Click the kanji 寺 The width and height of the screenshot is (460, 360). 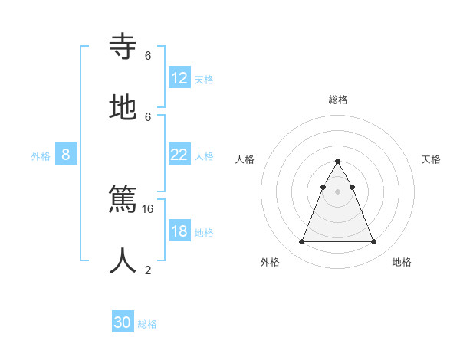click(x=123, y=47)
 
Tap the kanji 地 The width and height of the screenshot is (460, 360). click(x=123, y=108)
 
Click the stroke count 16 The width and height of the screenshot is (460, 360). click(x=148, y=208)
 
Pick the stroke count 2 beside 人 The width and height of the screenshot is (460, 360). click(x=148, y=270)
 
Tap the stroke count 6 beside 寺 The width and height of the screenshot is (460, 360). click(x=148, y=55)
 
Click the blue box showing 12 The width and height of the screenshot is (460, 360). click(x=179, y=78)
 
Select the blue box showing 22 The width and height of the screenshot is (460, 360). click(x=179, y=155)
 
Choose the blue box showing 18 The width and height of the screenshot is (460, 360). click(x=179, y=231)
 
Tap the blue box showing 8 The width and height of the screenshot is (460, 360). click(x=66, y=155)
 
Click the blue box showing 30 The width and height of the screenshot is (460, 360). click(x=123, y=322)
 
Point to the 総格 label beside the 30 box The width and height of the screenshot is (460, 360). click(x=147, y=324)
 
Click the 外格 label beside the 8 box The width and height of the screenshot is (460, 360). click(x=41, y=156)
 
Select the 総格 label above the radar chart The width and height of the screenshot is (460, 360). click(x=337, y=100)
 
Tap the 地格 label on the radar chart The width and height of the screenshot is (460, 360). click(x=402, y=262)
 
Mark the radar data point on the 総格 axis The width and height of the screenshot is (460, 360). click(x=337, y=162)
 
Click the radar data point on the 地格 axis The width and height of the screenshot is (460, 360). click(x=373, y=242)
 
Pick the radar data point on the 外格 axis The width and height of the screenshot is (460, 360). click(x=301, y=242)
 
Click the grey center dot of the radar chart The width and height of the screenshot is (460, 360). click(x=337, y=191)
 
